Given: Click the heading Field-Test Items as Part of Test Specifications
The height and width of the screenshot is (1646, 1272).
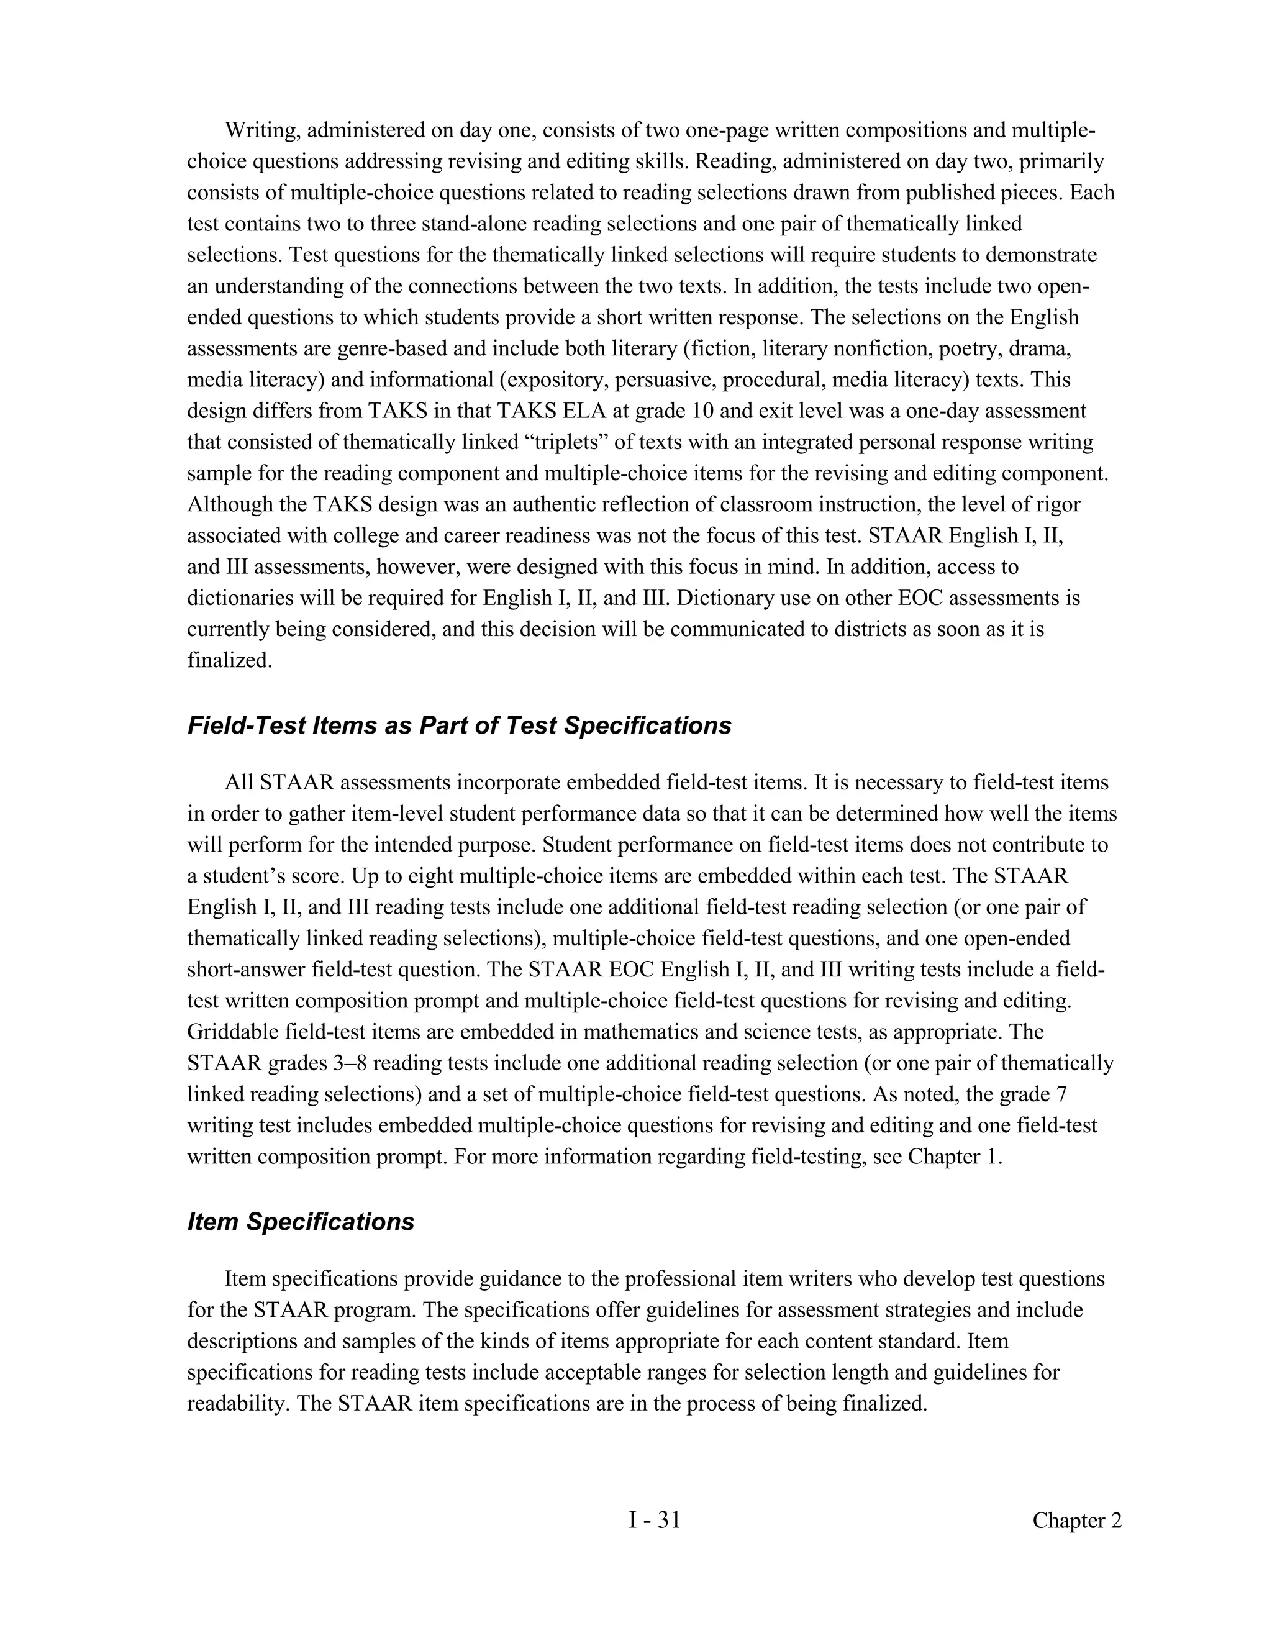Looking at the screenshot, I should coord(459,725).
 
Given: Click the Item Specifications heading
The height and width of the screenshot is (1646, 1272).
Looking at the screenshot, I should coord(301,1222).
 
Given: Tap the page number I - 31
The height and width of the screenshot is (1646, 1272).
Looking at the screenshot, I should coord(654,1520).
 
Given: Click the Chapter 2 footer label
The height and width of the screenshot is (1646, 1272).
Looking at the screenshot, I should coord(1076,1521).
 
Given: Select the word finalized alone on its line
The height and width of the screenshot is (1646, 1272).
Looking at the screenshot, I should coord(229,661).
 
